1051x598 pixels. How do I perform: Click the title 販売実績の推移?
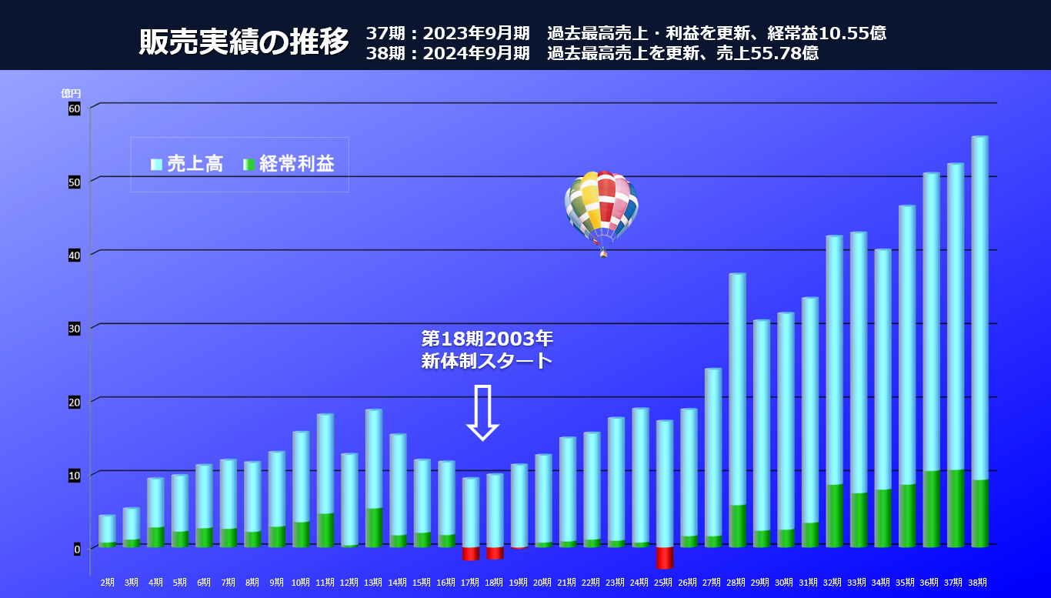click(244, 42)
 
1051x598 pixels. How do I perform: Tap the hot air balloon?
click(601, 208)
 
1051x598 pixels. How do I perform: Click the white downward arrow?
click(483, 413)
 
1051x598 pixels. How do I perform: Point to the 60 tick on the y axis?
click(74, 109)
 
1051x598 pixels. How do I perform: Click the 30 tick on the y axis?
click(74, 329)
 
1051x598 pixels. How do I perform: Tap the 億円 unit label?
click(71, 93)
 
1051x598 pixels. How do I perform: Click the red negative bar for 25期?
click(665, 558)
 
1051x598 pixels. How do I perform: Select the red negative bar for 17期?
click(471, 553)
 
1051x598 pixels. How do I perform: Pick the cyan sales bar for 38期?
click(979, 308)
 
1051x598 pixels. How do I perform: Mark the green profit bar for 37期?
click(955, 508)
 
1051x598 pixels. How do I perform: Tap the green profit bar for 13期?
click(374, 527)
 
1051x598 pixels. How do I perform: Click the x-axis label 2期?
click(108, 583)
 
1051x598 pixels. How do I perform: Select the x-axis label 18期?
click(495, 583)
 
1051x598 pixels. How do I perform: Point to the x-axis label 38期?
click(979, 583)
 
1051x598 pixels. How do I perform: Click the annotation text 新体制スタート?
click(487, 360)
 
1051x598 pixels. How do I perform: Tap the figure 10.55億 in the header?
click(852, 33)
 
